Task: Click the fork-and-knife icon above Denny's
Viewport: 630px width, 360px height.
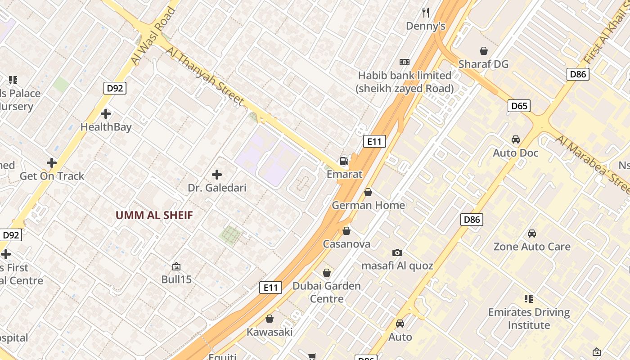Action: [426, 12]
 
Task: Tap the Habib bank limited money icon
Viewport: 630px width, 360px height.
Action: [404, 62]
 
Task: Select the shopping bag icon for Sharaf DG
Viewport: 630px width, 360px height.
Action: [483, 51]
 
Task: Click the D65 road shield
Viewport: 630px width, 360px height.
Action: [519, 106]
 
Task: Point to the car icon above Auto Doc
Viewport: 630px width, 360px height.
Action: [516, 139]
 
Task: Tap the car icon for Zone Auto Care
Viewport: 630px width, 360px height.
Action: [531, 234]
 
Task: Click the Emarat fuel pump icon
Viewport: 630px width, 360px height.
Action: [344, 161]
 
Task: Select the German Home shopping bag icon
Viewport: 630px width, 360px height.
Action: [368, 192]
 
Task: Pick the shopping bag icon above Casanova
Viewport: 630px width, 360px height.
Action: [346, 231]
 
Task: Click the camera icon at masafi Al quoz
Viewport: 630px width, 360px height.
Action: [397, 252]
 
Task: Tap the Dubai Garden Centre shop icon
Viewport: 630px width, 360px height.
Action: [327, 273]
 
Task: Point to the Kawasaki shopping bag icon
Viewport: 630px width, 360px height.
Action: [270, 319]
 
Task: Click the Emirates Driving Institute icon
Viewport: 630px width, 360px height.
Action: [529, 298]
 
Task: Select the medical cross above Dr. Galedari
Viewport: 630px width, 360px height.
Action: [217, 174]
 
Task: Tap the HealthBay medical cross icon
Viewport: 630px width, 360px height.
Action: [106, 114]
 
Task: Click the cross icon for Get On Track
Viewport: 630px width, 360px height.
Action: [52, 162]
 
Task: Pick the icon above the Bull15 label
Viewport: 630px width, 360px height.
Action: [176, 266]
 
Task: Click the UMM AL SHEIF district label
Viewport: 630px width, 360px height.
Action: [154, 215]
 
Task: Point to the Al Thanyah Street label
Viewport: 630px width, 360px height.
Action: [205, 76]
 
